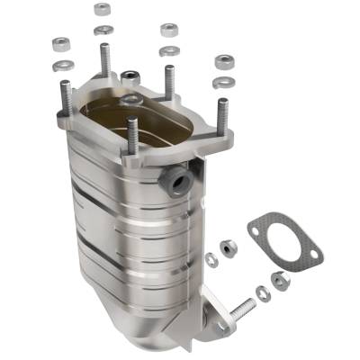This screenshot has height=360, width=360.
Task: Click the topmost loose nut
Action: pyautogui.click(x=102, y=10)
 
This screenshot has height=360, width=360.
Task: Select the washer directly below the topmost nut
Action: pyautogui.click(x=102, y=29)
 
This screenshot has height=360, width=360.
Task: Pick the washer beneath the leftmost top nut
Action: pyautogui.click(x=64, y=65)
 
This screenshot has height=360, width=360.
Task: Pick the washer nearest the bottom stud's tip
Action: pyautogui.click(x=262, y=292)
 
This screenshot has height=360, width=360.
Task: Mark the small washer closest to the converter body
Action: pyautogui.click(x=211, y=259)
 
